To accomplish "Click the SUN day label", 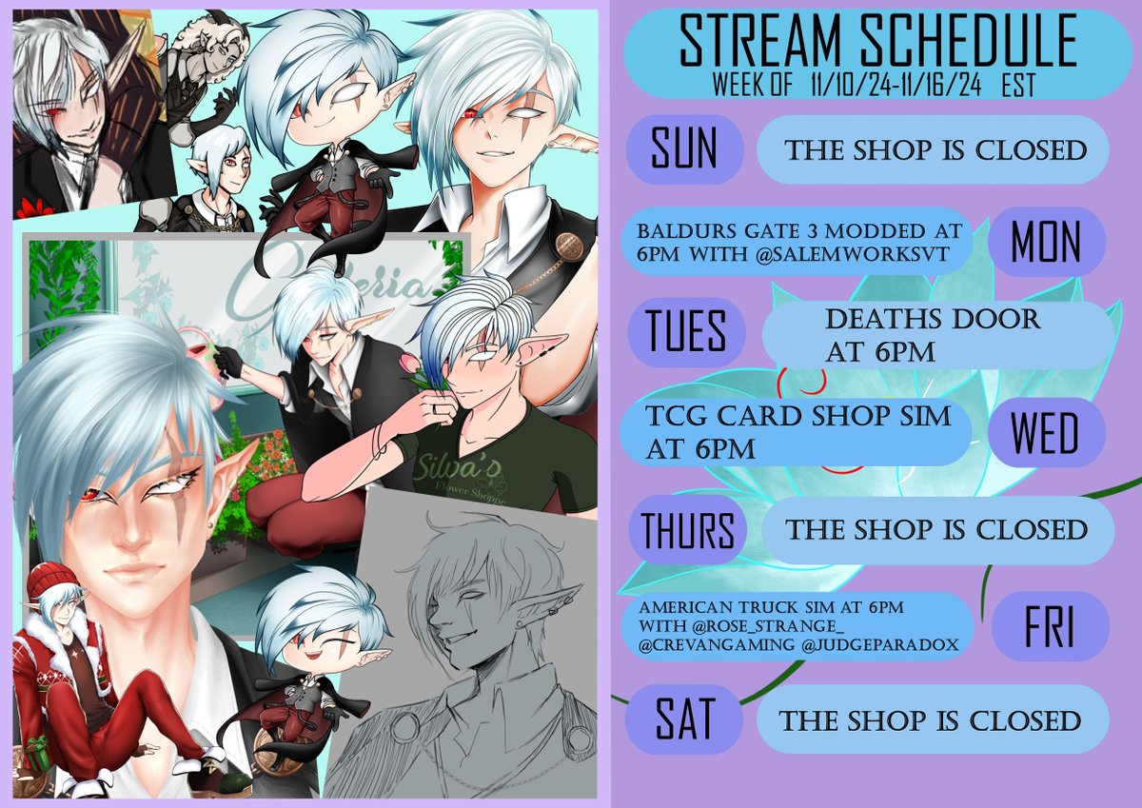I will click(x=684, y=150).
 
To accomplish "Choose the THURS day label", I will click(x=688, y=529).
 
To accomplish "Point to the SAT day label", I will click(x=684, y=719).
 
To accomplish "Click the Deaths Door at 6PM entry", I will click(x=933, y=335).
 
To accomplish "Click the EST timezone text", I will click(x=1017, y=87).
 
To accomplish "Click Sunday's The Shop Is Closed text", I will click(x=934, y=150).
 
